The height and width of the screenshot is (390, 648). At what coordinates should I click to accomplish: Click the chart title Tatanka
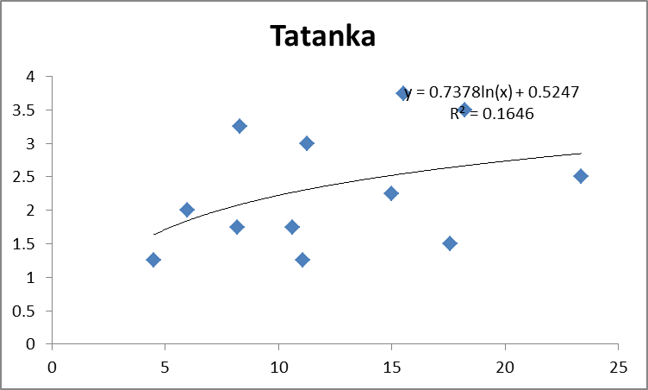(x=323, y=36)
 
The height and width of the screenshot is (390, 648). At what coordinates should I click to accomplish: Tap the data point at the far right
(x=581, y=176)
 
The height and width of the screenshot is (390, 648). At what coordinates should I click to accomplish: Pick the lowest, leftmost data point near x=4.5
(x=153, y=260)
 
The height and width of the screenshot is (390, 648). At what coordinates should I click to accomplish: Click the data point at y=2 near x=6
(x=187, y=210)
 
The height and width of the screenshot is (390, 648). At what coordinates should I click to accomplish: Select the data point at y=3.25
(x=240, y=126)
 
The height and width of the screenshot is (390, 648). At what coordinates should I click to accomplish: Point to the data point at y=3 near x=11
(x=307, y=143)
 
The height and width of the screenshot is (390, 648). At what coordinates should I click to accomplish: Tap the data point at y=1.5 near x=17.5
(x=450, y=243)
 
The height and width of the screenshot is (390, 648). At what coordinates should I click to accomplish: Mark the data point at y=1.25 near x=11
(x=302, y=260)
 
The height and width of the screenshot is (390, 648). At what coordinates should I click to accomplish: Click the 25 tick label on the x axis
(x=618, y=367)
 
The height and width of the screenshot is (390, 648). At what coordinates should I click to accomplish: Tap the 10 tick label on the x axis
(x=278, y=367)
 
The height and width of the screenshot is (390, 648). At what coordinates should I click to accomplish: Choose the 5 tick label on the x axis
(x=165, y=367)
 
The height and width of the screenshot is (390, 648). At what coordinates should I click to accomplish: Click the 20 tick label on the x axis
(x=504, y=367)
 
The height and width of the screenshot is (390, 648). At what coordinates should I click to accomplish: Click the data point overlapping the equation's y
(x=403, y=93)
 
